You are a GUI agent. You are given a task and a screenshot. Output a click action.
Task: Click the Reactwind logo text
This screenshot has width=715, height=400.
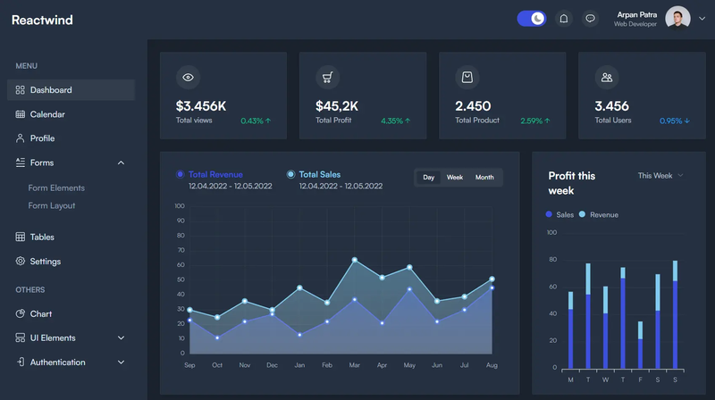click(x=42, y=20)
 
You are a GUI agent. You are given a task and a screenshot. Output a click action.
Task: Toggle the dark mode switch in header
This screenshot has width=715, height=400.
click(x=532, y=18)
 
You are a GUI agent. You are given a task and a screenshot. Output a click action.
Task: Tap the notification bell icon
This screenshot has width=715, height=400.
click(x=564, y=18)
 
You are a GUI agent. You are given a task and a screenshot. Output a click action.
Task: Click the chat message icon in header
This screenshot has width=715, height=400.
click(x=590, y=18)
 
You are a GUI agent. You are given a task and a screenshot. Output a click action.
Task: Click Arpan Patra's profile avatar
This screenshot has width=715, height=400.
click(x=677, y=18)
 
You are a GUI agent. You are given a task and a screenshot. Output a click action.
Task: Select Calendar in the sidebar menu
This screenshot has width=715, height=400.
click(x=46, y=114)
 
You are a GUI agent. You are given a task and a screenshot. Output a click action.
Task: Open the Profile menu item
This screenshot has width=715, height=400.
click(x=42, y=138)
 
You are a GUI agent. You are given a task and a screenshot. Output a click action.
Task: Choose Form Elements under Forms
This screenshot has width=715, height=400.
click(x=56, y=187)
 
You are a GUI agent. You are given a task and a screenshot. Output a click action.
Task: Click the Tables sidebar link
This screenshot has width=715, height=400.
click(x=42, y=237)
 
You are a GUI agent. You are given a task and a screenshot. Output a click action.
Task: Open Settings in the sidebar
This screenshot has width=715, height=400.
click(x=45, y=262)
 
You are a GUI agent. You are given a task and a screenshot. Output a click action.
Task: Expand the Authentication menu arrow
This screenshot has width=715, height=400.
click(x=121, y=362)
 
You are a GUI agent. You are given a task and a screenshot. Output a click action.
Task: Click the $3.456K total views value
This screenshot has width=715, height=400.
click(x=201, y=106)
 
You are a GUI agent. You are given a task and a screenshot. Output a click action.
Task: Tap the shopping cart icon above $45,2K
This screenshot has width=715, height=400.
click(x=327, y=78)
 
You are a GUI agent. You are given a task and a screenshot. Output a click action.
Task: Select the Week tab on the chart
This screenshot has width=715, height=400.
click(x=455, y=178)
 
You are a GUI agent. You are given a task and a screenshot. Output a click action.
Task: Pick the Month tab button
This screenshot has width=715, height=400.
click(x=484, y=178)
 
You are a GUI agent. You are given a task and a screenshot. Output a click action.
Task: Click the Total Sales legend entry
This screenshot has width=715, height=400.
click(x=319, y=175)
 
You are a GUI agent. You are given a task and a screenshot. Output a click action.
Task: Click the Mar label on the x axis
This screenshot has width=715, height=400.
click(x=354, y=365)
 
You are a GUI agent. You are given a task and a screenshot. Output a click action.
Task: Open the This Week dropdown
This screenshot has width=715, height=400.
click(x=660, y=176)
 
